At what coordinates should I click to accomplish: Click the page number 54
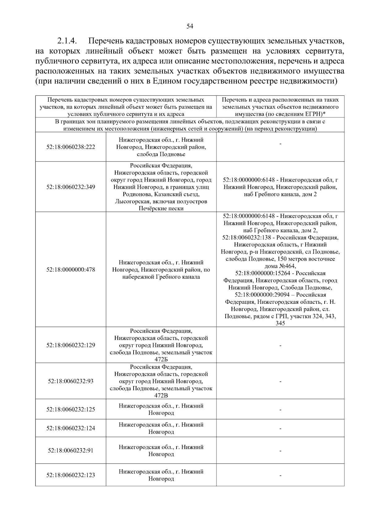pos(190,26)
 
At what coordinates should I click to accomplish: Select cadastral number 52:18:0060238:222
pos(71,147)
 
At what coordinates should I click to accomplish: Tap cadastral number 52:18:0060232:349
pos(71,187)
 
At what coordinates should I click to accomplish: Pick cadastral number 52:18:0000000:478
pos(71,270)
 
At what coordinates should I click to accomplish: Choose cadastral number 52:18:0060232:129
pos(71,345)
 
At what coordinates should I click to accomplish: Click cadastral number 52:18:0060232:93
pos(71,381)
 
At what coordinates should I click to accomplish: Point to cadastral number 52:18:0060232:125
pos(71,409)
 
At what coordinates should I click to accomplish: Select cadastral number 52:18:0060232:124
pos(71,428)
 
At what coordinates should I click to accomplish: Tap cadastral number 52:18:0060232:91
pos(71,451)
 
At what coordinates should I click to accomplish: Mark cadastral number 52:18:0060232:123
pos(71,475)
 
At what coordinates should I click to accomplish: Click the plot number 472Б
pos(161,359)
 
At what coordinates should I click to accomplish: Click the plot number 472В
pos(161,395)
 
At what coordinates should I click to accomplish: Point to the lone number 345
pos(280,323)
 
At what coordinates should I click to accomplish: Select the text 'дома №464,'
pos(280,266)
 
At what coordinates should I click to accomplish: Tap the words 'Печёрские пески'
pos(161,208)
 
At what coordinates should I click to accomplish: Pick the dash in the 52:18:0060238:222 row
pos(280,144)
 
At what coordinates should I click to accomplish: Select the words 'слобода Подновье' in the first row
pos(161,154)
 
